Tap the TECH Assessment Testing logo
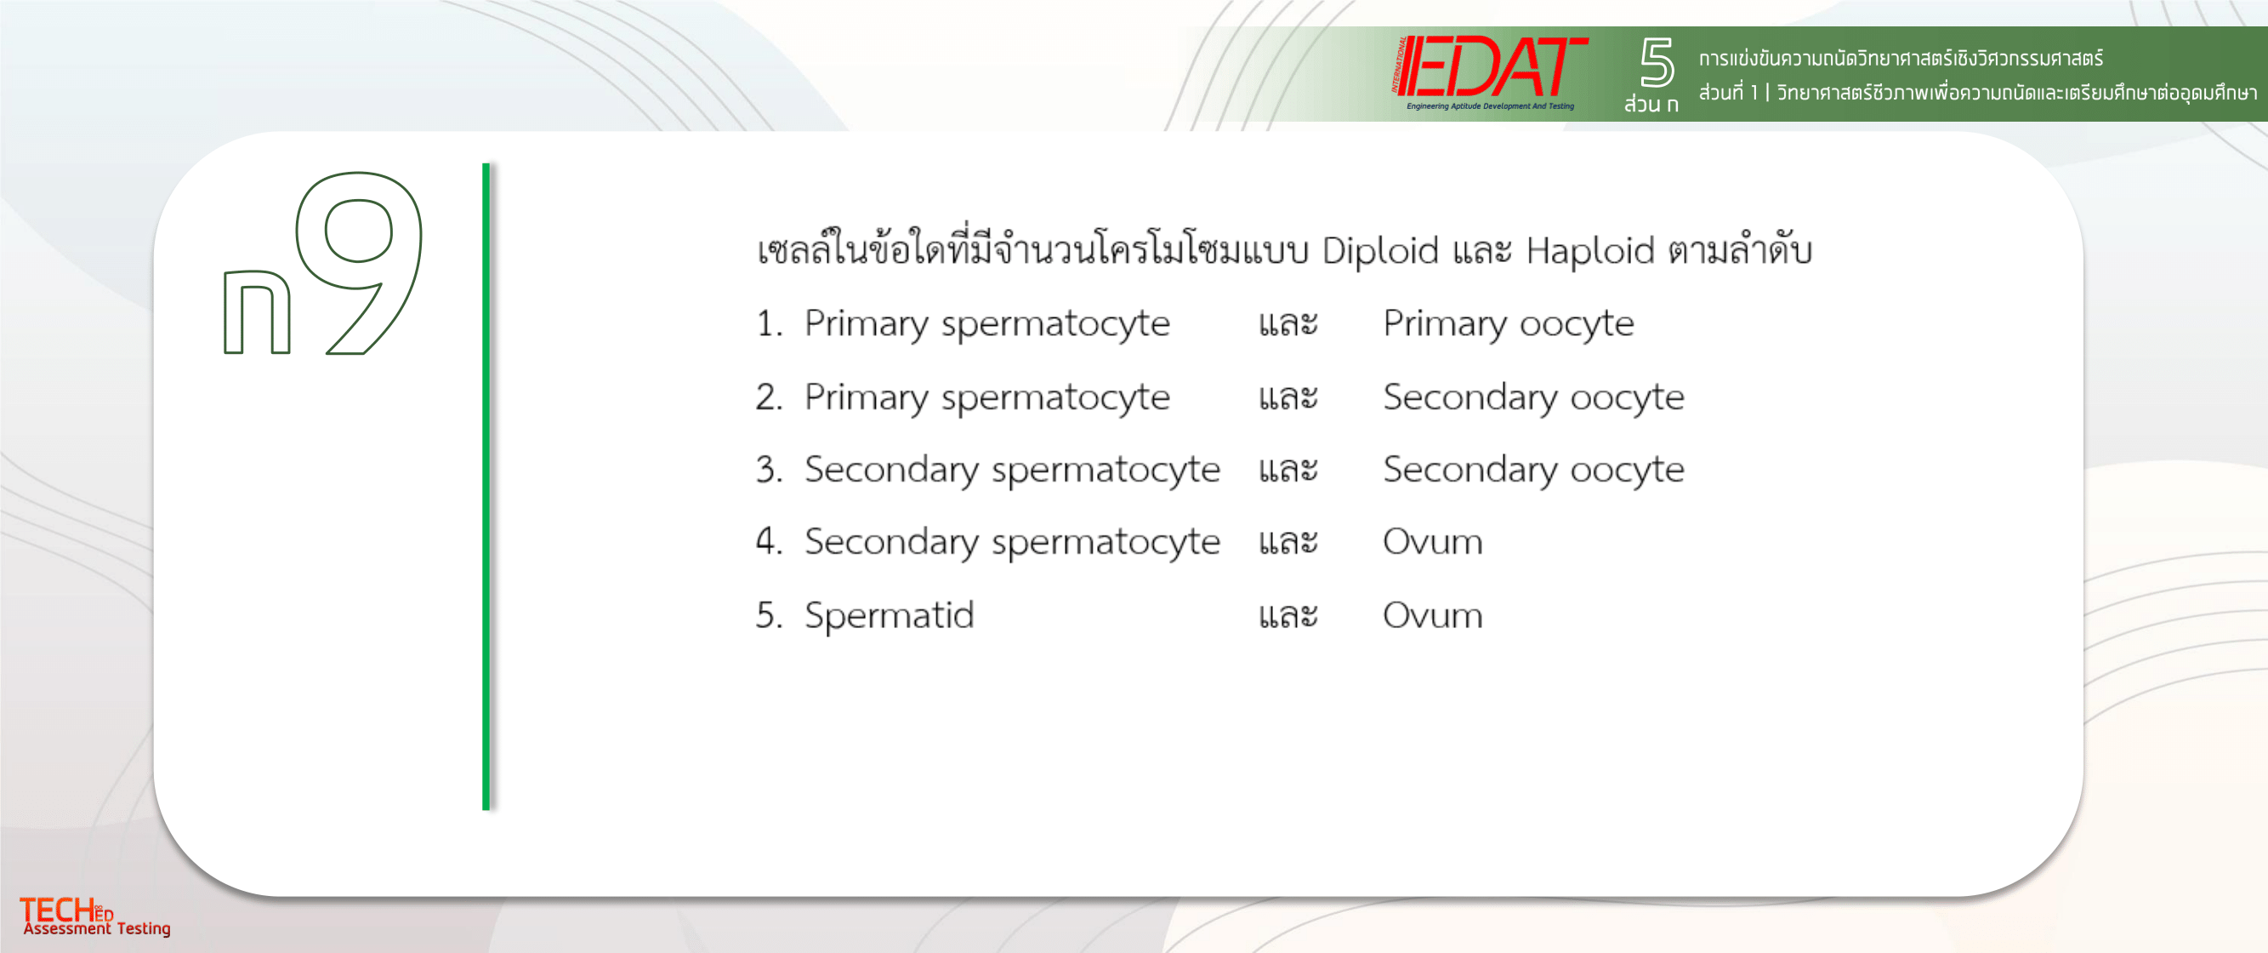point(95,917)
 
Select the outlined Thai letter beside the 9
point(257,311)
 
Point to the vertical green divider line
point(486,486)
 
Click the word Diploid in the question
point(1380,251)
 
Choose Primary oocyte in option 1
point(1509,324)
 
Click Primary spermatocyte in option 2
point(987,398)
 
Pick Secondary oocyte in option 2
point(1534,398)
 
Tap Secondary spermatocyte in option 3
point(1013,471)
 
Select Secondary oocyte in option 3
point(1534,471)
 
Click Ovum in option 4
point(1432,542)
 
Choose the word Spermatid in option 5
point(890,617)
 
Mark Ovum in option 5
point(1432,616)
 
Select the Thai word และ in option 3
point(1288,471)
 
